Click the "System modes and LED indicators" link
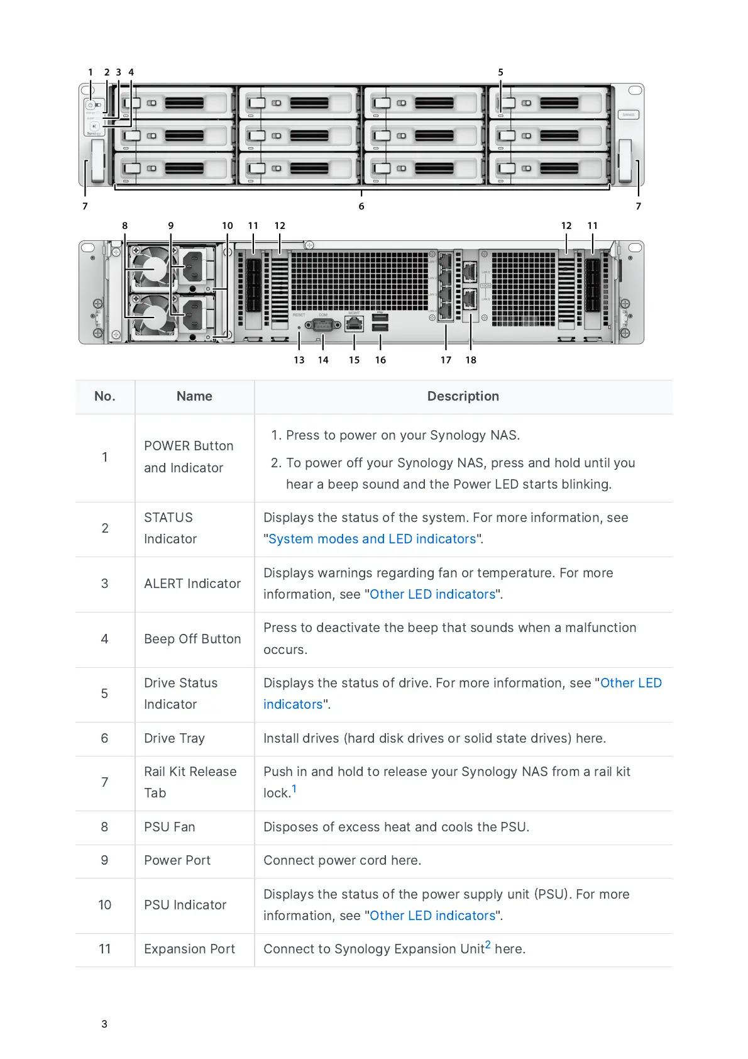(372, 539)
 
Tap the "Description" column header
(463, 396)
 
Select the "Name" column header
(194, 396)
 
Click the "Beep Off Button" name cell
(192, 639)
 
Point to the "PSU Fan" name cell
(170, 827)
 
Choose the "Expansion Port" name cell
(189, 949)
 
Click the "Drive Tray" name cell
(174, 738)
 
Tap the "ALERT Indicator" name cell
(192, 584)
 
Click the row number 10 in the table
(105, 905)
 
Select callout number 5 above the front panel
(501, 72)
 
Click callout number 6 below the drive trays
(361, 206)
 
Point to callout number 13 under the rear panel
(299, 360)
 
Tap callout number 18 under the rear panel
(471, 360)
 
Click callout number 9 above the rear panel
(171, 226)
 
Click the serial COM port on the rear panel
(322, 324)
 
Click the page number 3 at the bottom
(104, 1024)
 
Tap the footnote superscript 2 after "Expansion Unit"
(488, 945)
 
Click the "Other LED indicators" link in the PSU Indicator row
(432, 916)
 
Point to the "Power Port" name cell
(177, 860)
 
